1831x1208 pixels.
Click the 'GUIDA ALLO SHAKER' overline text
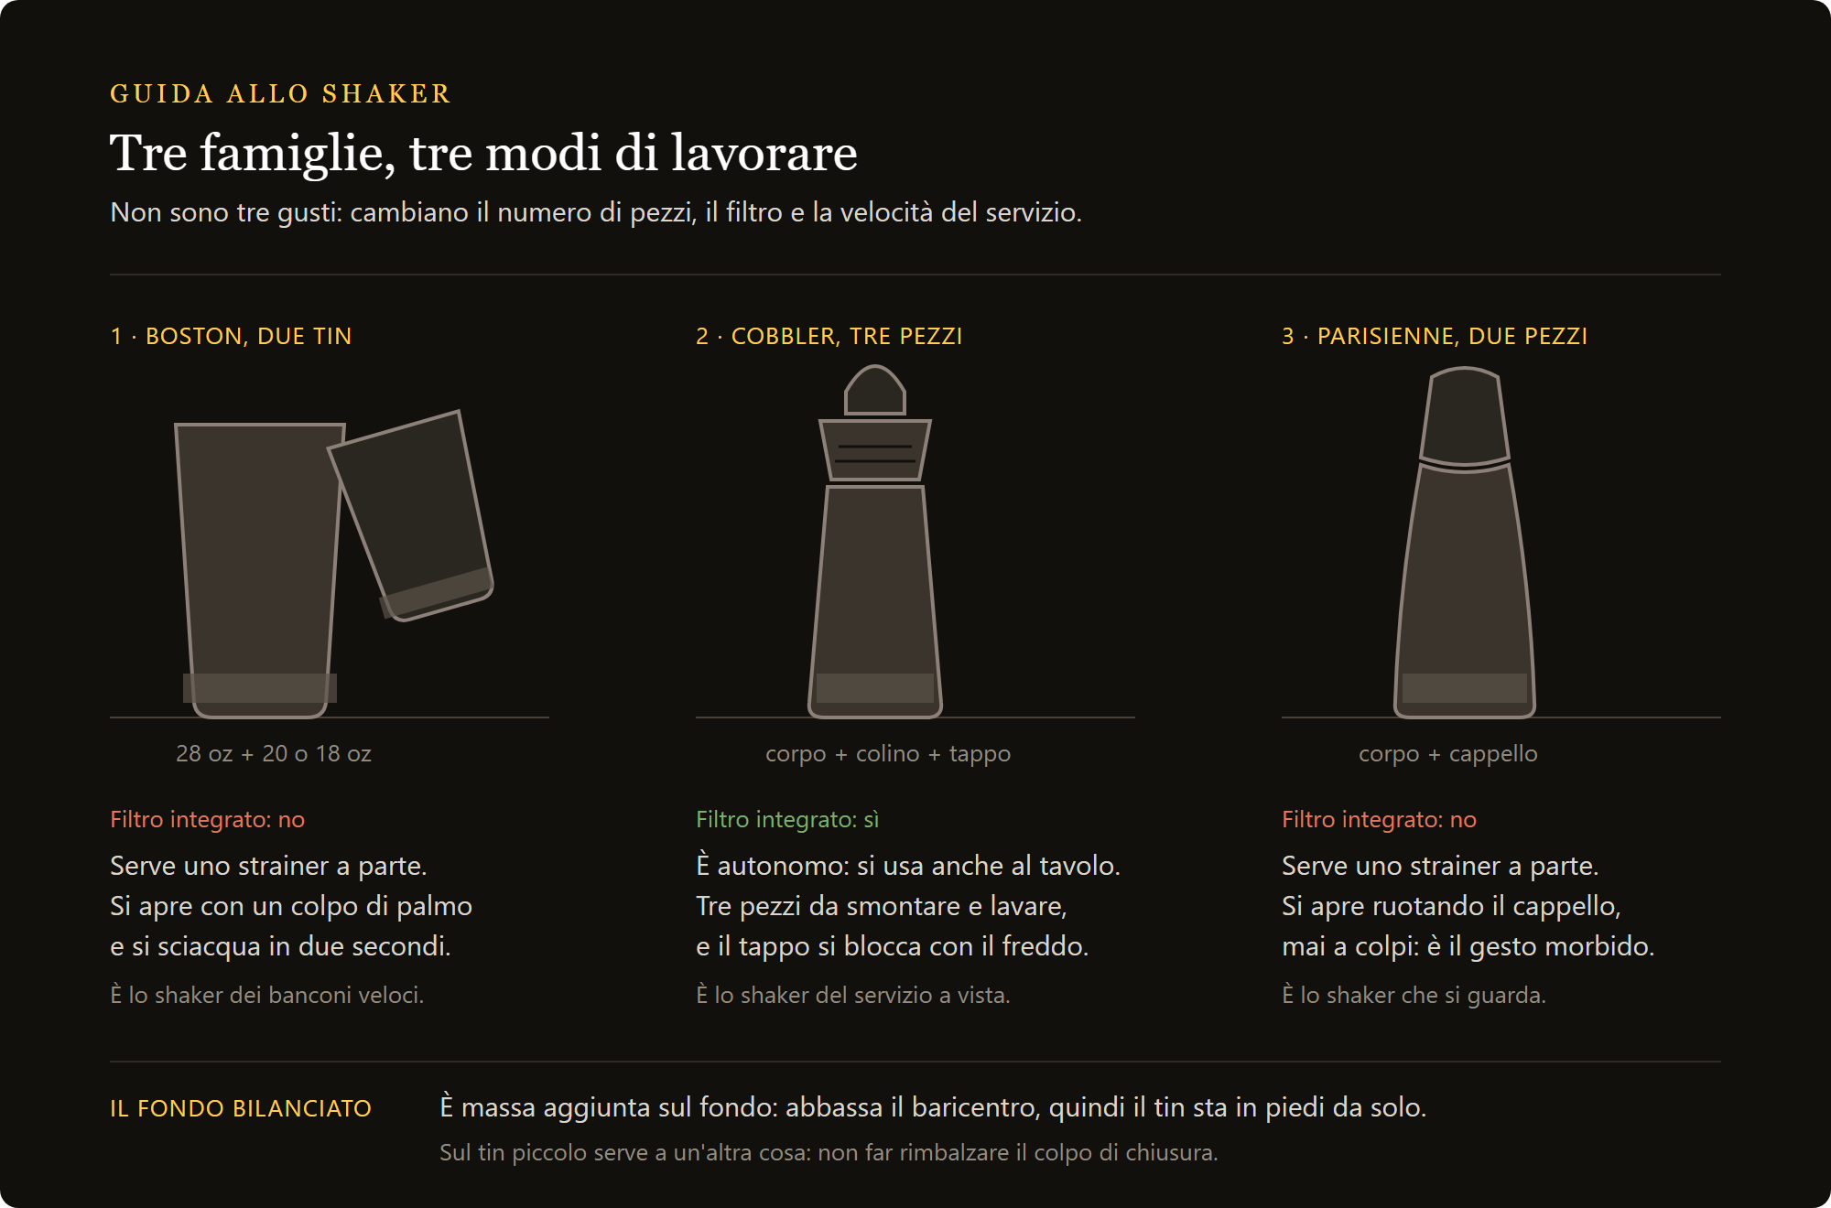coord(280,93)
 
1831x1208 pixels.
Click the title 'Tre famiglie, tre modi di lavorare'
coord(483,152)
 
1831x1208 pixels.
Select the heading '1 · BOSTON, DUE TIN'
coord(231,336)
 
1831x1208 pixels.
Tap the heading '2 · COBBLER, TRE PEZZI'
coord(829,336)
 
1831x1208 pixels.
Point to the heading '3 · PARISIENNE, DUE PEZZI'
coord(1435,336)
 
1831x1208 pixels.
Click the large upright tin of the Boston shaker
coord(260,567)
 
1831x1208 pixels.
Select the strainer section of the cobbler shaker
coord(875,449)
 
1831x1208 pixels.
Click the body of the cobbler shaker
coord(875,599)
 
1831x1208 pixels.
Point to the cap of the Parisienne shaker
coord(1465,416)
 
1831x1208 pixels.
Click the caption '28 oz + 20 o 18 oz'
coord(274,753)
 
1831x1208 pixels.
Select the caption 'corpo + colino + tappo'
coord(888,753)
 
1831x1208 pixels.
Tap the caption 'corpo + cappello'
coord(1448,753)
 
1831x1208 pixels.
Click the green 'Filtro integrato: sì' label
coord(787,819)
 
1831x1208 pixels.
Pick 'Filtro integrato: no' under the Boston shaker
coord(208,819)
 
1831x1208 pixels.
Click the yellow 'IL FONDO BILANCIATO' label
coord(241,1108)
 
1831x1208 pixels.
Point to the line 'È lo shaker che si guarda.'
coord(1414,995)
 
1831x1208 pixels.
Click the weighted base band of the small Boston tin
coord(436,593)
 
